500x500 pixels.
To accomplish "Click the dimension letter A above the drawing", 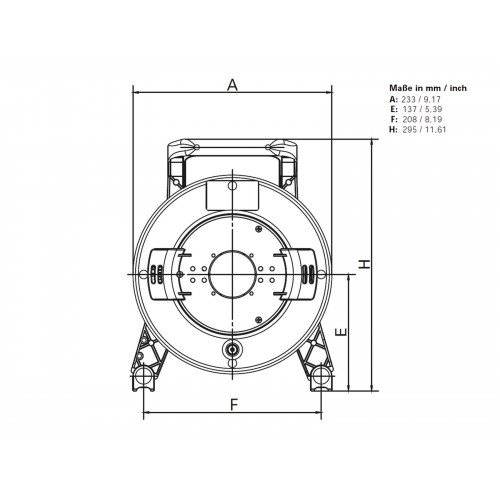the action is tap(232, 85).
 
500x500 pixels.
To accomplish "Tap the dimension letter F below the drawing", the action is tap(235, 405).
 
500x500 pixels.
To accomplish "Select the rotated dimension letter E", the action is tap(341, 332).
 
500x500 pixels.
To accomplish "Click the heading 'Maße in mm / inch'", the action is tap(428, 88).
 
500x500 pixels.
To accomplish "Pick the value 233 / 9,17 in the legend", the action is tap(421, 99).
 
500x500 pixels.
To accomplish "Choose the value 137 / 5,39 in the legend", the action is tap(423, 109).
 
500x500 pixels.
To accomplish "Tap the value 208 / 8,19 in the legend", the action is tap(422, 119).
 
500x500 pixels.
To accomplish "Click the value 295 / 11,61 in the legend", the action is tap(424, 129).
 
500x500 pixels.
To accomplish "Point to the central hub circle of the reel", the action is tap(232, 274).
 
